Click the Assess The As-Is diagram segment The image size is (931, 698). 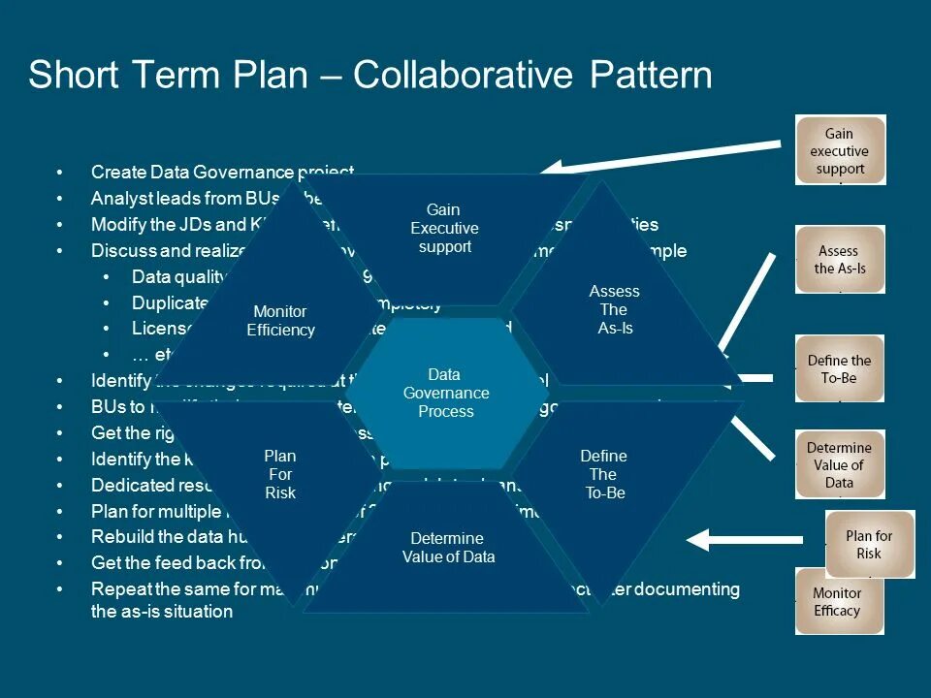pyautogui.click(x=614, y=309)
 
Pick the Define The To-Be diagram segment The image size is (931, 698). pyautogui.click(x=603, y=474)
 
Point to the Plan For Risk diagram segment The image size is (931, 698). pyautogui.click(x=280, y=474)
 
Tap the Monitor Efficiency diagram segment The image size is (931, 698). pyautogui.click(x=280, y=320)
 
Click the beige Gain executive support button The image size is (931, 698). pyautogui.click(x=840, y=150)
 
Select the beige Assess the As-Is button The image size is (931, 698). pyautogui.click(x=840, y=259)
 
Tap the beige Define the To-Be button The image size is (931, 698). pyautogui.click(x=840, y=368)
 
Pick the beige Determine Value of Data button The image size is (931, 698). pyautogui.click(x=840, y=465)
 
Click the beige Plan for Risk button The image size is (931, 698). pyautogui.click(x=869, y=544)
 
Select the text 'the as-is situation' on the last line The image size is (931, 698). pyautogui.click(x=162, y=612)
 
